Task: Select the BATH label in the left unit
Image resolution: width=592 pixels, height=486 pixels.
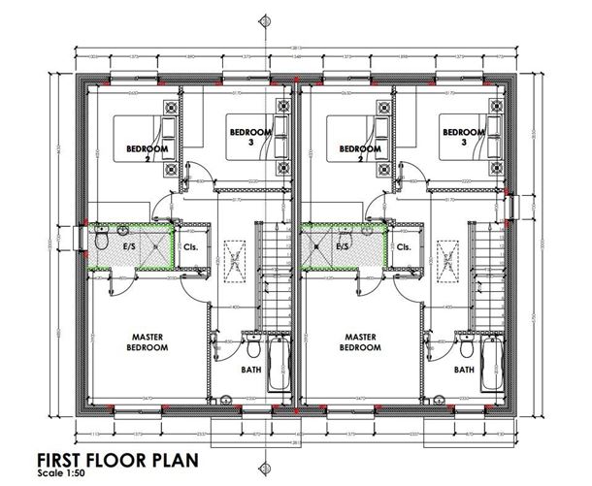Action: coord(249,370)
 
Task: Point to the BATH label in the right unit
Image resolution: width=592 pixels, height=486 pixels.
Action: coord(462,370)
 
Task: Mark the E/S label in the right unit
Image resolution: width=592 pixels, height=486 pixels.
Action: coord(342,246)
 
